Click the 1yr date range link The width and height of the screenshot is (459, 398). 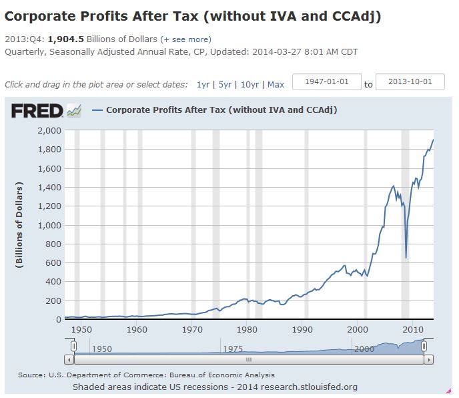point(203,85)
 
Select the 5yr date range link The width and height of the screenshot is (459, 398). point(225,85)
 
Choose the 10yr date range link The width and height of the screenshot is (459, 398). point(250,85)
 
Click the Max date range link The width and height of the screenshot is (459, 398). point(276,85)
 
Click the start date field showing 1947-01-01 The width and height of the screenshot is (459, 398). point(327,82)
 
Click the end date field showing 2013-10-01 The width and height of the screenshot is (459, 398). point(410,82)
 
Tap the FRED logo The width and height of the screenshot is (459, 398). point(37,110)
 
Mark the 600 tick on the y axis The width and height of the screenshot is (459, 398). point(53,263)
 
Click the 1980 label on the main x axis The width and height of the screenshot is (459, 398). point(247,329)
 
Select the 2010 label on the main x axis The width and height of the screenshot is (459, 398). point(413,329)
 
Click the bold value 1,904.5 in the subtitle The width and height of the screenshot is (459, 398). point(65,39)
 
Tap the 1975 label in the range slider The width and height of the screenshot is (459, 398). point(232,349)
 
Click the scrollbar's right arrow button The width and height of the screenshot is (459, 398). point(429,359)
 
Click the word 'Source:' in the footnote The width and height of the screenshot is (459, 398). point(31,375)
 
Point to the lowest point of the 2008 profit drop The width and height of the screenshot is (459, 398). point(406,257)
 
